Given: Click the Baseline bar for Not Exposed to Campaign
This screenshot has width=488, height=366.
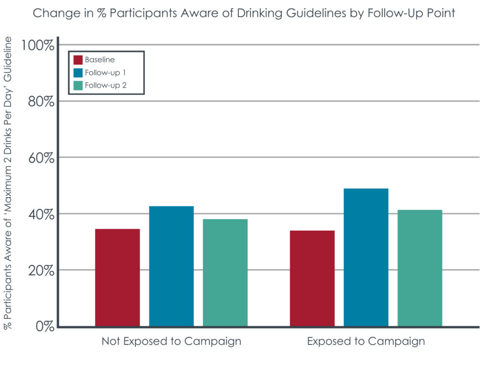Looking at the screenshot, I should [117, 278].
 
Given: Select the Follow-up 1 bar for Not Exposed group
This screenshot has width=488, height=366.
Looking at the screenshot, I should [171, 266].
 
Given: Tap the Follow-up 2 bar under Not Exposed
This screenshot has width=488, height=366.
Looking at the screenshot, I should [225, 273].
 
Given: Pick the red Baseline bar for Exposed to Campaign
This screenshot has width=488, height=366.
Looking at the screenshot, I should [312, 279].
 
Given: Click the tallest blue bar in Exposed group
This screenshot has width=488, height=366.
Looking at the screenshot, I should [366, 257].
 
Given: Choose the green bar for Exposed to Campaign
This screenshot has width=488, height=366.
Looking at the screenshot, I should [420, 268].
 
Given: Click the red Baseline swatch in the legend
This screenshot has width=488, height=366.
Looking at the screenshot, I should [78, 60].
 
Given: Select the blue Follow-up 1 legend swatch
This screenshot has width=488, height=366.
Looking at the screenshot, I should [78, 73].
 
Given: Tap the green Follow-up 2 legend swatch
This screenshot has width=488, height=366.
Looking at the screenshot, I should [78, 86].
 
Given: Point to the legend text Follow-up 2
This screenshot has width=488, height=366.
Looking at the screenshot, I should [105, 86].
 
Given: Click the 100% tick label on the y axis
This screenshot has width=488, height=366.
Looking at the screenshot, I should [38, 46].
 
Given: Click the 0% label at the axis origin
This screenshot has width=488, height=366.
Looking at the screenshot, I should [43, 326].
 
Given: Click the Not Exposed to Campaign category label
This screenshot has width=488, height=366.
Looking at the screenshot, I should [171, 342].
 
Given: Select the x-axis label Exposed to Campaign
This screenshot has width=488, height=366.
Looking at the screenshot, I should [366, 342].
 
